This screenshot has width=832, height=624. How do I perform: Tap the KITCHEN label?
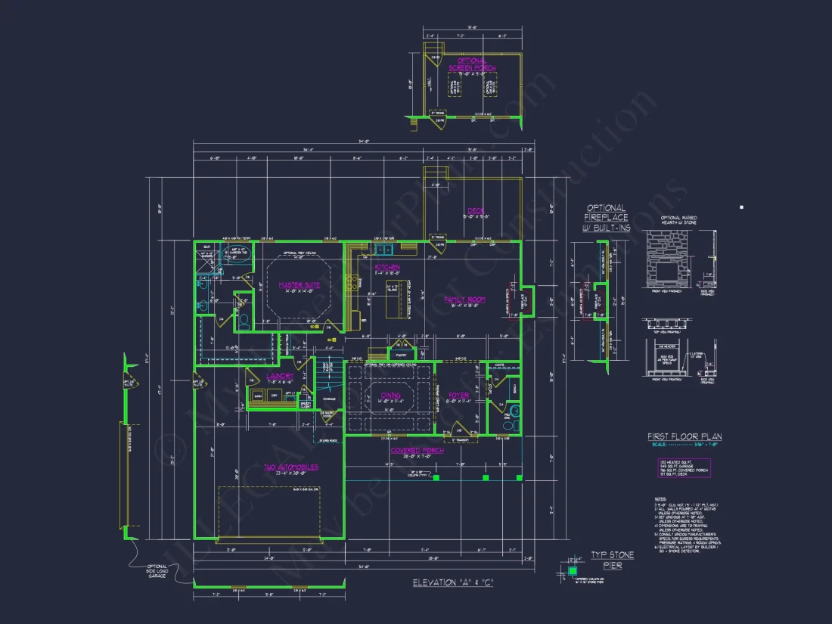pos(387,268)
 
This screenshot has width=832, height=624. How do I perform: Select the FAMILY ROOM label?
pos(464,300)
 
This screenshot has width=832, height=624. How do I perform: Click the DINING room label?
pos(390,395)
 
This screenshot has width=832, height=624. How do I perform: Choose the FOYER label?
pos(458,395)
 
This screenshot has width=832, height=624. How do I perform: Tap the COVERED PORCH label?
pos(417,451)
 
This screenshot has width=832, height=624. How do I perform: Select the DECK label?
pos(475,211)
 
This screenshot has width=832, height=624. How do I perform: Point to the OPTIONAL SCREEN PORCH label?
pos(472,64)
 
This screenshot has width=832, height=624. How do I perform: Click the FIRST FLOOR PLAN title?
pos(684,436)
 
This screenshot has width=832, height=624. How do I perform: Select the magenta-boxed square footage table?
pos(684,467)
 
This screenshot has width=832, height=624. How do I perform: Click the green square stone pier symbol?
pos(573,570)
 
